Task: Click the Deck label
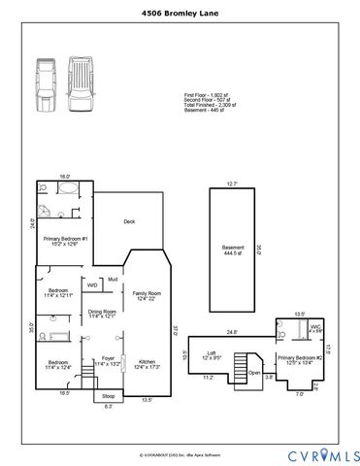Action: point(128,221)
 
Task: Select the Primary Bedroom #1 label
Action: point(65,242)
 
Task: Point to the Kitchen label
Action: point(147,363)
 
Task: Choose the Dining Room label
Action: point(102,314)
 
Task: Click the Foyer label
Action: point(103,362)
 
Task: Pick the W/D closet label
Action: point(92,285)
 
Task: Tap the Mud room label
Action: point(113,281)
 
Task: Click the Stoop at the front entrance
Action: point(108,396)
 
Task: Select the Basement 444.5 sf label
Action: point(232,250)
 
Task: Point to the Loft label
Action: point(211,356)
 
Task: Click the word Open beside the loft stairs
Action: point(254,372)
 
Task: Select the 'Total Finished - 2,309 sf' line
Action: point(213,103)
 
